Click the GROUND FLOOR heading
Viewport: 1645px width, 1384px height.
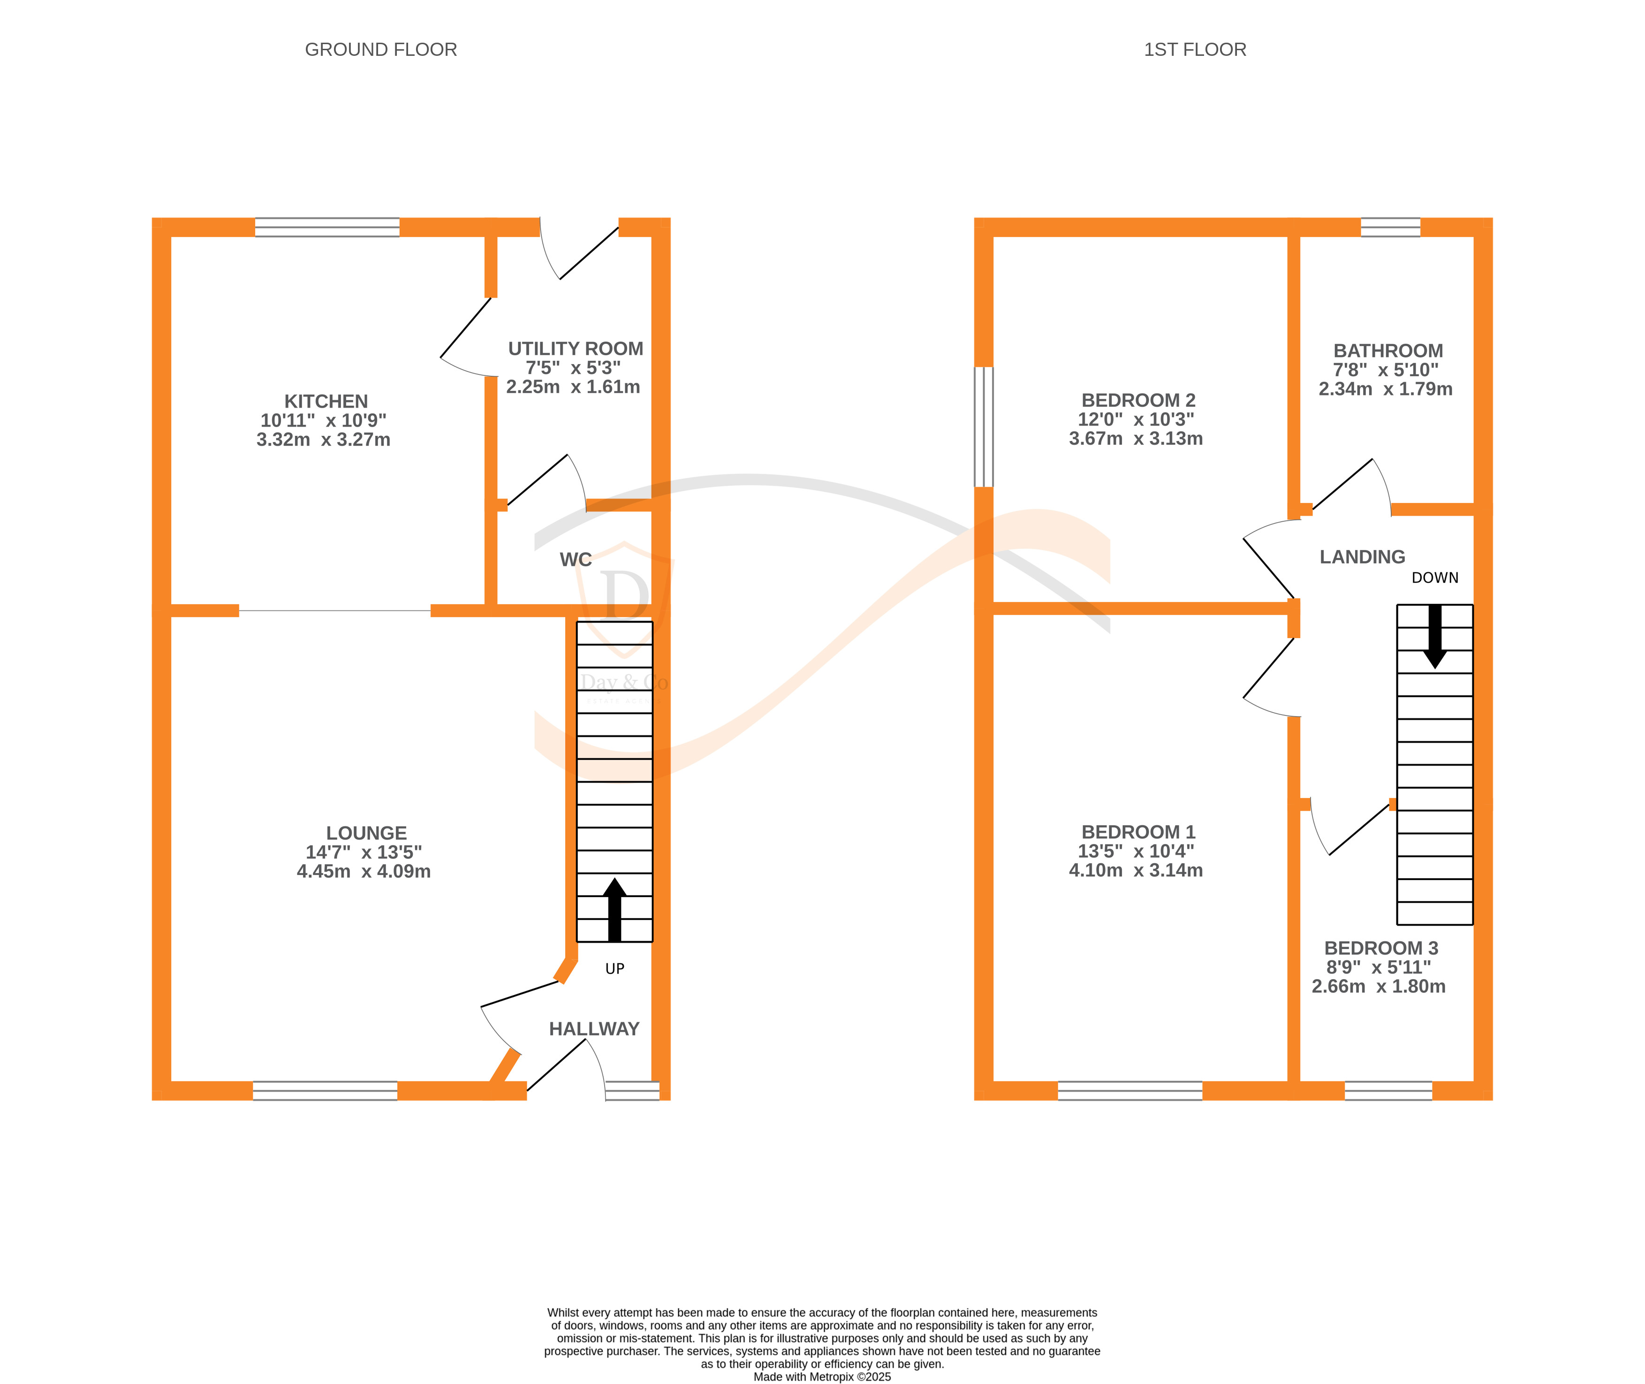(x=380, y=49)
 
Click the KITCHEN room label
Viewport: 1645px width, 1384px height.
(x=326, y=401)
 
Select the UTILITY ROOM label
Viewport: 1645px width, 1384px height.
(x=575, y=349)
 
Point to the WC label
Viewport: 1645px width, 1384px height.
(x=575, y=559)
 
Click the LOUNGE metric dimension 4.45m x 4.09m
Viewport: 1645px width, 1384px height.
(x=363, y=871)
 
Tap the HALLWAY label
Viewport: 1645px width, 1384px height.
(x=594, y=1028)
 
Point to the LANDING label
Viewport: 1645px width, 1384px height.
(x=1362, y=557)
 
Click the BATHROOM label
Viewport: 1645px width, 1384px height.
(x=1387, y=351)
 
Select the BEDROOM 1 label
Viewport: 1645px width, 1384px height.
(x=1137, y=832)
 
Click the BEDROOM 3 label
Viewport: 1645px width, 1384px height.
(x=1380, y=948)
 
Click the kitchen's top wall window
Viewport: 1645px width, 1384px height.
(x=327, y=228)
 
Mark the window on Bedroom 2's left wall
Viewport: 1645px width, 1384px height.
(x=983, y=427)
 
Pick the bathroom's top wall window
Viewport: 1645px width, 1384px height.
(x=1390, y=228)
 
